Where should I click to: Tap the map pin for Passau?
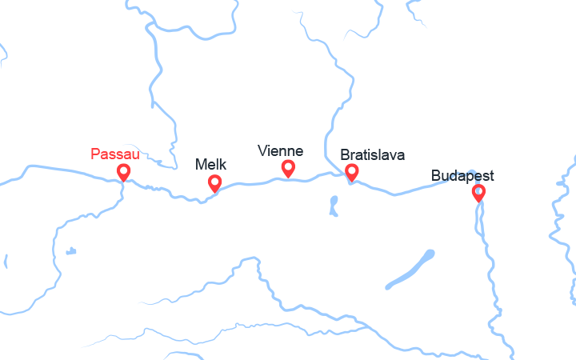pyautogui.click(x=123, y=171)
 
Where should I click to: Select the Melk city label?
pyautogui.click(x=211, y=165)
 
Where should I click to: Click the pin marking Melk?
pyautogui.click(x=214, y=182)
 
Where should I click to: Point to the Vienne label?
pyautogui.click(x=280, y=150)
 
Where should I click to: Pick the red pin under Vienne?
pyautogui.click(x=288, y=167)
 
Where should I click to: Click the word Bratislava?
pyautogui.click(x=372, y=154)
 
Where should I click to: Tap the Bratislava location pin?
pyautogui.click(x=351, y=171)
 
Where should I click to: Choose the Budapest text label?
pyautogui.click(x=462, y=175)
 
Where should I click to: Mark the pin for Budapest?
pyautogui.click(x=478, y=192)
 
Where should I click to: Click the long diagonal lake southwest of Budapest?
pyautogui.click(x=410, y=270)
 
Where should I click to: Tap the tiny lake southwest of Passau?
pyautogui.click(x=70, y=252)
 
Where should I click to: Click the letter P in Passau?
pyautogui.click(x=96, y=153)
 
